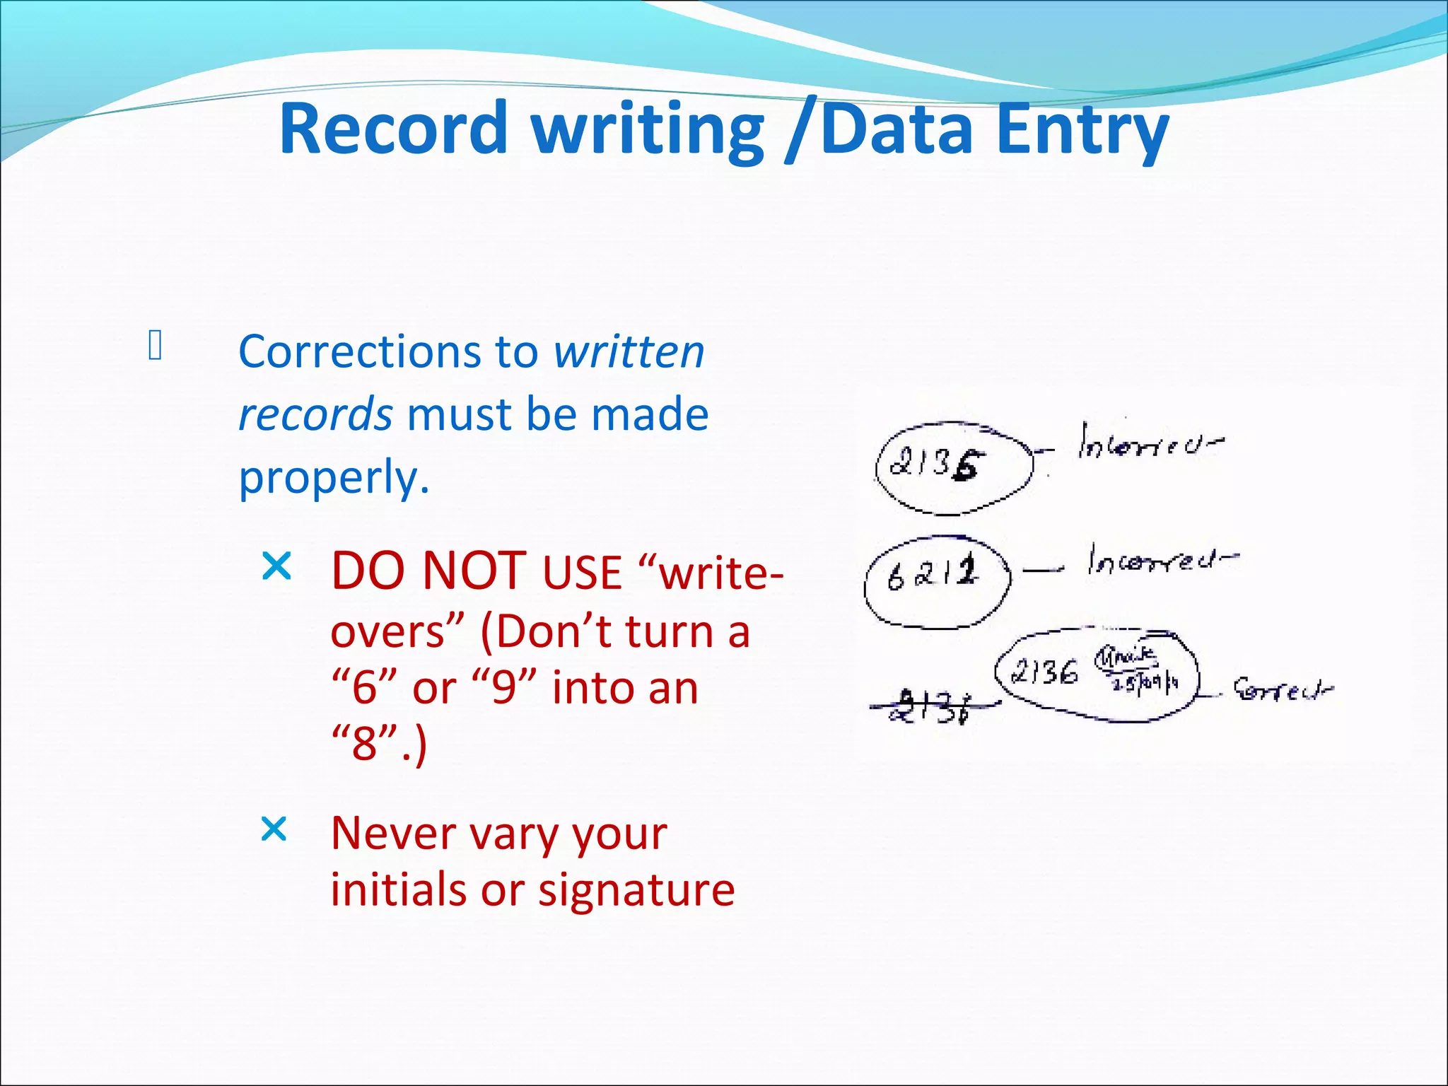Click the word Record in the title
coord(393,129)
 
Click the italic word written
coord(629,351)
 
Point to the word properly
coord(334,478)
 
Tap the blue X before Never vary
coord(274,829)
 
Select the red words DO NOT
coord(428,571)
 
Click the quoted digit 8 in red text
coord(365,743)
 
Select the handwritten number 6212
coord(933,574)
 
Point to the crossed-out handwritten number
coord(932,707)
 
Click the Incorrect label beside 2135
coord(1150,443)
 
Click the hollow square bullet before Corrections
coord(156,346)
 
